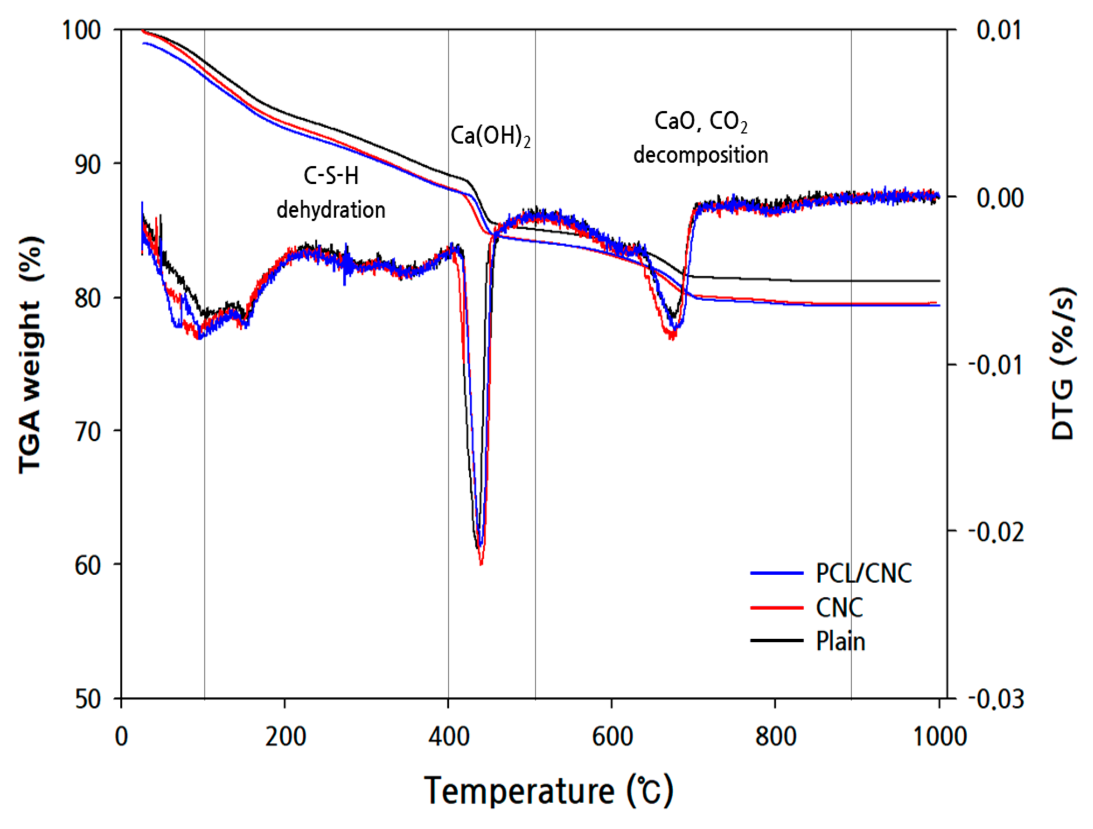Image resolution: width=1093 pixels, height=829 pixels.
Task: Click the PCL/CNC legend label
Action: pos(863,573)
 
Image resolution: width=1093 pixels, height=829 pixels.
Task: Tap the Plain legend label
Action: pos(840,641)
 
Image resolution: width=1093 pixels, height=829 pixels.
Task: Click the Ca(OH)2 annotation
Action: pos(490,136)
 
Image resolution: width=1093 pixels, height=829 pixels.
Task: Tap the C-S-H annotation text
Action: pos(331,176)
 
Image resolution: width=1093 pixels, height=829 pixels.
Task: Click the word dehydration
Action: pos(331,210)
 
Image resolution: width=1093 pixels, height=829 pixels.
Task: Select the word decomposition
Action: pos(701,155)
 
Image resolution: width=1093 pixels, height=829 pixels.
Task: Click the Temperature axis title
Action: pos(548,790)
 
